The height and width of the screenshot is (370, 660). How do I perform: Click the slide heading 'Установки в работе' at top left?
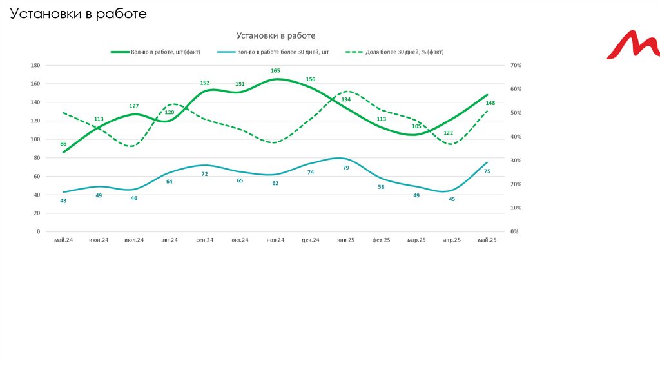click(78, 14)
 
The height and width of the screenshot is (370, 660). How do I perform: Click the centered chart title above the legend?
click(276, 36)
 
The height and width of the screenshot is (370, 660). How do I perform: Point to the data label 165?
click(275, 71)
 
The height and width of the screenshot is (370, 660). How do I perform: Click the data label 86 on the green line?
click(63, 144)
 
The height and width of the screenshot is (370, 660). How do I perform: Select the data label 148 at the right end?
click(490, 103)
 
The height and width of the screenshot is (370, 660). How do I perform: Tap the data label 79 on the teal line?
click(346, 168)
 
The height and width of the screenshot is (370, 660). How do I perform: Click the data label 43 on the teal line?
click(63, 200)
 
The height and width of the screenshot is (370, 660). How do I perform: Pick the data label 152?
click(205, 83)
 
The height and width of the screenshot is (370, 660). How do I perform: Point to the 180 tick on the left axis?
click(35, 66)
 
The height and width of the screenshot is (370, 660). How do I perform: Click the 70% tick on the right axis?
click(515, 66)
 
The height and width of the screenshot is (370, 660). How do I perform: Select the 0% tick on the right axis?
click(514, 231)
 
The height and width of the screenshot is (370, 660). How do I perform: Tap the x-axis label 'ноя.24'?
click(275, 240)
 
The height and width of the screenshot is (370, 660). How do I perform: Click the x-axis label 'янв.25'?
click(346, 240)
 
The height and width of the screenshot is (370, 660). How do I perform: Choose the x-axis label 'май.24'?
click(63, 240)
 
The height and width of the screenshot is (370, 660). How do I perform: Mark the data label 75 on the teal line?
click(487, 171)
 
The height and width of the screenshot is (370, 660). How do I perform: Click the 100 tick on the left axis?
click(35, 139)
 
